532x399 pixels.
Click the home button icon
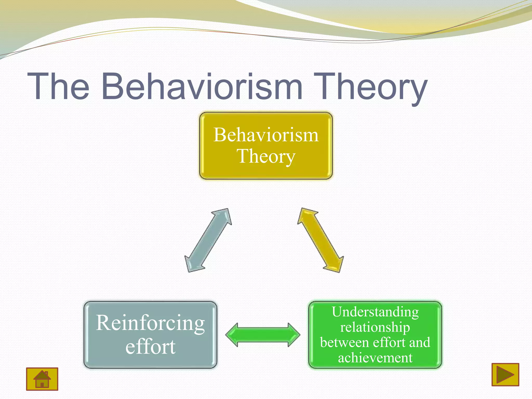[x=42, y=379]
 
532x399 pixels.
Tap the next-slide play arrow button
[x=505, y=375]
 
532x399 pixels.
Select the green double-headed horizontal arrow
[x=263, y=335]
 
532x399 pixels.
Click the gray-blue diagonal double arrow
[x=208, y=240]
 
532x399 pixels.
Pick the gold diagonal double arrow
[x=321, y=240]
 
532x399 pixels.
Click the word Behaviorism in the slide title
[x=202, y=86]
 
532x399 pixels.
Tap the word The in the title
[x=58, y=86]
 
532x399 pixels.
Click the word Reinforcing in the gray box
[x=150, y=323]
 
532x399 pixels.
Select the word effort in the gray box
[x=150, y=347]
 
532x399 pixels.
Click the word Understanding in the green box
[x=375, y=312]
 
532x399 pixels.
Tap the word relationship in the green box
[x=375, y=327]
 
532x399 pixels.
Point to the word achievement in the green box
[x=375, y=358]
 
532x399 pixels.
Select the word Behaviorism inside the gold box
[x=266, y=135]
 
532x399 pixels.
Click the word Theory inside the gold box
[x=266, y=156]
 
